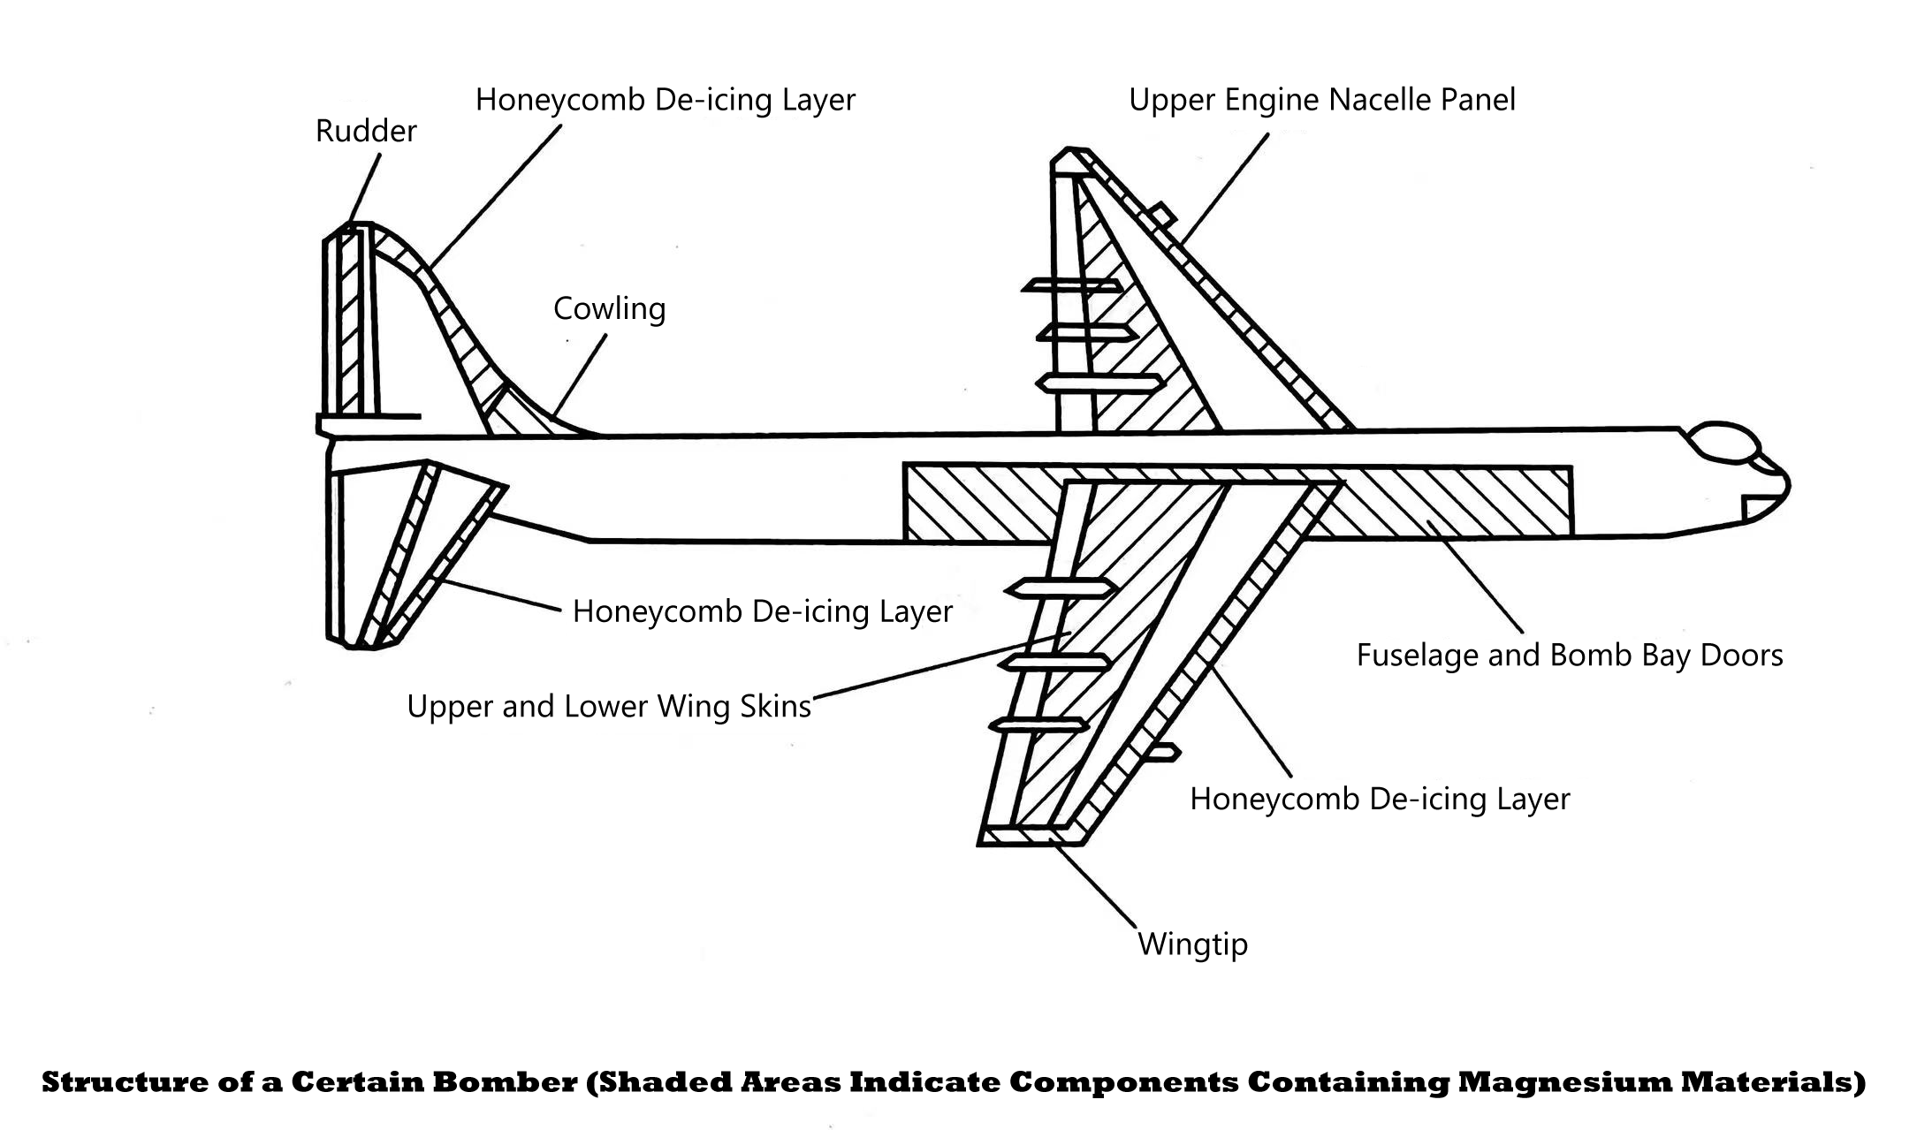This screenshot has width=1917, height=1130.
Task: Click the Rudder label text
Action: pyautogui.click(x=366, y=132)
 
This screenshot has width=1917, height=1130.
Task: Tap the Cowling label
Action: pyautogui.click(x=609, y=309)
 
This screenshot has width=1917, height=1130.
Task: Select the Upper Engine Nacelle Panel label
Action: pyautogui.click(x=1321, y=100)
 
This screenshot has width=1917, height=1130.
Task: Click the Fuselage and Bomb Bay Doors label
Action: pyautogui.click(x=1569, y=656)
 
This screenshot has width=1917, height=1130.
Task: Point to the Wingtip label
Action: pyautogui.click(x=1192, y=944)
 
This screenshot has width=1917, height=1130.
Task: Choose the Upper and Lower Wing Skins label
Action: pyautogui.click(x=608, y=707)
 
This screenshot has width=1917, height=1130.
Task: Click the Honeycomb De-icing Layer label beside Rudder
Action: pyautogui.click(x=665, y=100)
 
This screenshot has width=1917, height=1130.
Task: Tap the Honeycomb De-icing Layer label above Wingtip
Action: pyautogui.click(x=1379, y=800)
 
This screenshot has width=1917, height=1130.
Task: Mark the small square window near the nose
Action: pyautogui.click(x=1755, y=507)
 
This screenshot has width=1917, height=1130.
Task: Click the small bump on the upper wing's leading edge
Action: pyautogui.click(x=1161, y=215)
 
